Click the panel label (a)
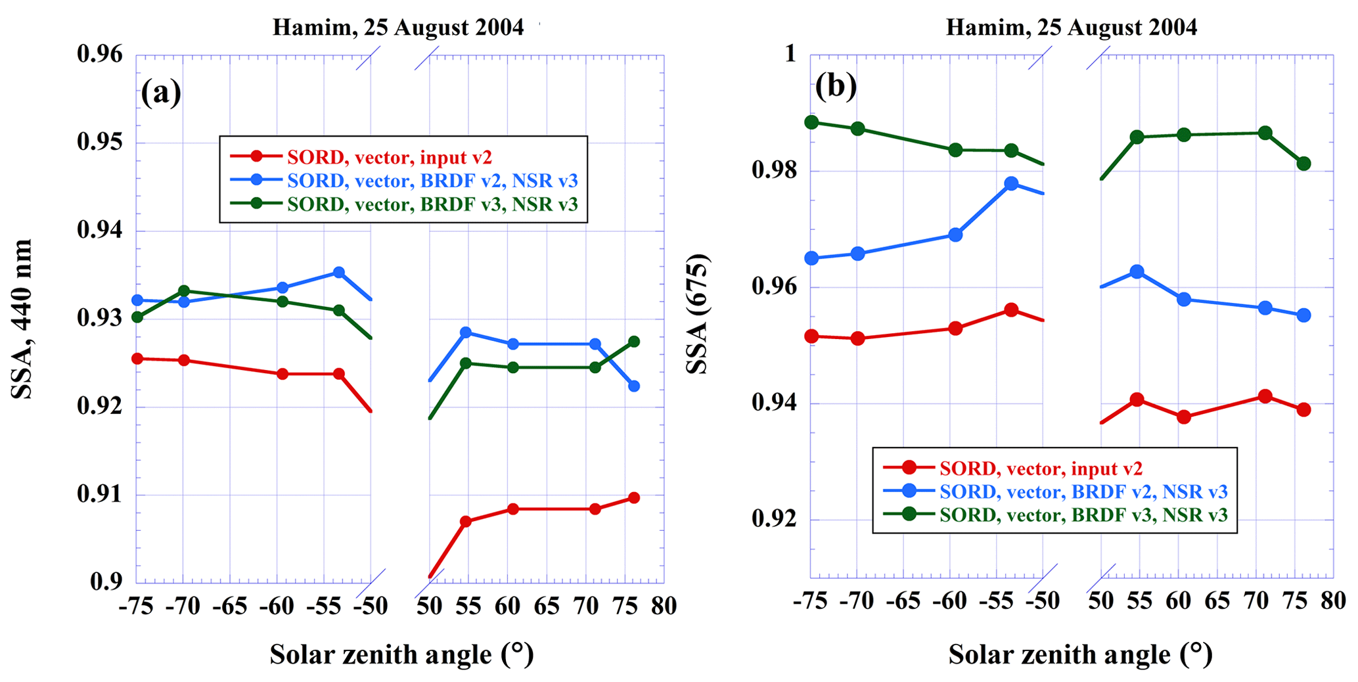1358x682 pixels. coord(161,93)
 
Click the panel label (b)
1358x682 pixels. coord(836,86)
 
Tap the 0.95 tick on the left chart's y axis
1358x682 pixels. coord(101,143)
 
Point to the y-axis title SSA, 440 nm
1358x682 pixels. coord(22,319)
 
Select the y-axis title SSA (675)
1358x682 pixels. coord(697,314)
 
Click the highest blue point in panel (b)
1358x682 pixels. coord(1011,183)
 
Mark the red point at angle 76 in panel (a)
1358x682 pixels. coord(633,498)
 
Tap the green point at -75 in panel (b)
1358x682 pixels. coord(811,122)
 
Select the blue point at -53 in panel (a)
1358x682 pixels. coord(338,272)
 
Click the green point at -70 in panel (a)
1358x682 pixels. coord(184,291)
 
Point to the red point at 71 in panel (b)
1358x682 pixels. coord(1265,396)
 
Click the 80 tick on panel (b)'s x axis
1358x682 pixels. coord(1332,601)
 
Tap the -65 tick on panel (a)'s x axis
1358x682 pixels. coord(230,606)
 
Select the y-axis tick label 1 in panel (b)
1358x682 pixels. coord(791,54)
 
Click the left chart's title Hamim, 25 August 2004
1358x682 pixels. coord(398,28)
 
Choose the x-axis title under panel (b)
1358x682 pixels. coord(1080,654)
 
